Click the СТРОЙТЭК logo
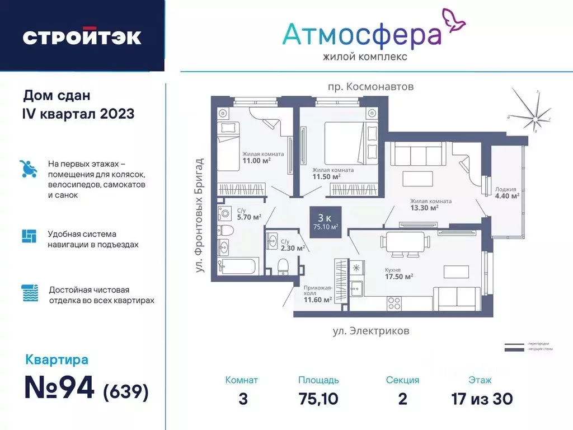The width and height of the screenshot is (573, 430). (x=82, y=36)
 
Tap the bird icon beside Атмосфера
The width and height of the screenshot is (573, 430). (x=454, y=18)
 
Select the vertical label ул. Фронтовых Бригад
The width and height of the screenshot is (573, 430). (x=200, y=216)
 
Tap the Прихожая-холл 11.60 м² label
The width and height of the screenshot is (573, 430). (x=318, y=296)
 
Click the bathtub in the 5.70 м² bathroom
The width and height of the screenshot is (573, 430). (x=237, y=265)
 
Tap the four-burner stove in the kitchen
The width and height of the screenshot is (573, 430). (x=394, y=303)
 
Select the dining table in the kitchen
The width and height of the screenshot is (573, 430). (x=405, y=242)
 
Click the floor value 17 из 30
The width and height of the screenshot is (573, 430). (x=482, y=399)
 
